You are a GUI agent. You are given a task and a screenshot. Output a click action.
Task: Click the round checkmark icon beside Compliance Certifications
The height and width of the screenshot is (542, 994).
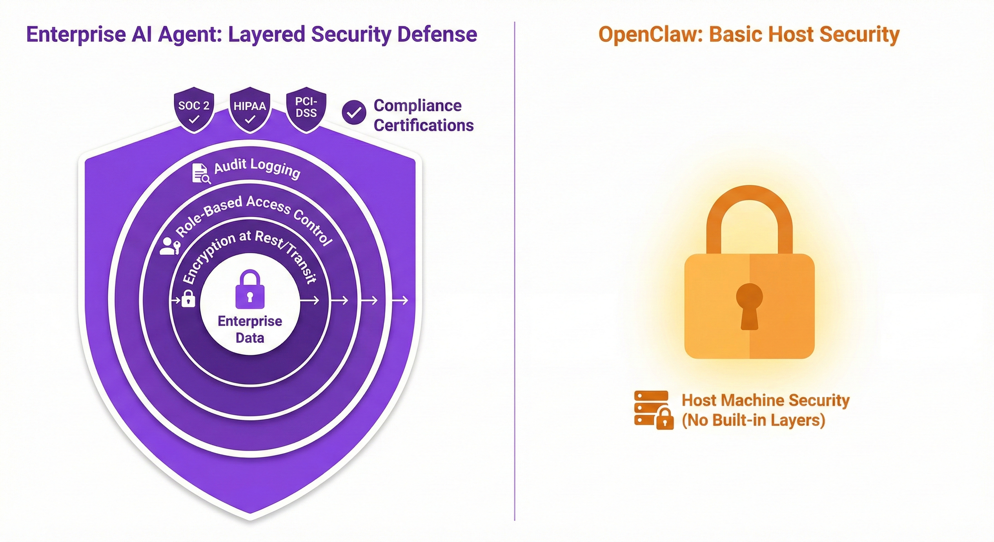[x=354, y=113]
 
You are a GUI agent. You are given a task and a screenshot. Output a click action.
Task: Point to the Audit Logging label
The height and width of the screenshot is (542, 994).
[x=257, y=168]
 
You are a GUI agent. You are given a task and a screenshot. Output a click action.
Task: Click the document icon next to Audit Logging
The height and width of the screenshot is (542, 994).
[x=200, y=173]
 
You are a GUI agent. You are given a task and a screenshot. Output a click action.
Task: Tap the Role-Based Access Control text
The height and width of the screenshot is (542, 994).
[x=254, y=217]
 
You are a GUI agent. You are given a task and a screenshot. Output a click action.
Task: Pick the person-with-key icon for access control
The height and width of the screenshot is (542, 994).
[x=169, y=246]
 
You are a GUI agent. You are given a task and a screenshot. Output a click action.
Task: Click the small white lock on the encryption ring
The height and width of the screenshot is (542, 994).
[x=188, y=299]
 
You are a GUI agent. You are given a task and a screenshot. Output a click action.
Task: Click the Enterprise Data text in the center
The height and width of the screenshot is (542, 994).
[x=250, y=329]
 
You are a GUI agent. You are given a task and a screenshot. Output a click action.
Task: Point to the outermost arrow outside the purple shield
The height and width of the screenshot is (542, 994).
[x=400, y=300]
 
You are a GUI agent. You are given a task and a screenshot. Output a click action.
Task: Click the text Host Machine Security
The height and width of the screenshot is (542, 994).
[x=765, y=400]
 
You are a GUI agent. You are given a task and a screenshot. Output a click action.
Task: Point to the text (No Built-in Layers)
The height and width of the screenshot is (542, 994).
[x=753, y=420]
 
